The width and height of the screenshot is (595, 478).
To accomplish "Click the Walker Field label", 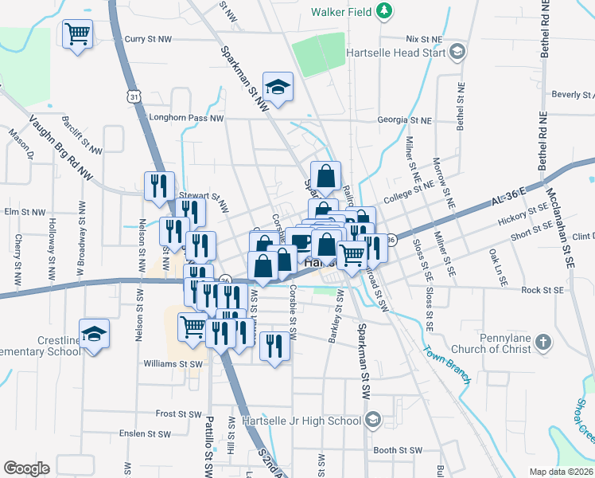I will (342, 12).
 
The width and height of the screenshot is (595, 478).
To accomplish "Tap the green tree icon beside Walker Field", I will (384, 11).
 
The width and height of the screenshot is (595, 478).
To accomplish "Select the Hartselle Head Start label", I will (395, 53).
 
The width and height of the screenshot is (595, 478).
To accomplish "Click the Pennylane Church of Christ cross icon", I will (542, 343).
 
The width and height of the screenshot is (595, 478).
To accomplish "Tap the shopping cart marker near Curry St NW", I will (79, 34).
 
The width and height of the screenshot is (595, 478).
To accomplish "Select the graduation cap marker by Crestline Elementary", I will (94, 333).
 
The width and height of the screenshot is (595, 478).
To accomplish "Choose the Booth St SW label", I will (397, 450).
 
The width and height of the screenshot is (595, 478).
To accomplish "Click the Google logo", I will (26, 468).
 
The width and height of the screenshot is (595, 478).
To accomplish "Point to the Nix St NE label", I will (423, 38).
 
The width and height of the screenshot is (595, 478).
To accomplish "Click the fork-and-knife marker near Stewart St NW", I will (158, 186).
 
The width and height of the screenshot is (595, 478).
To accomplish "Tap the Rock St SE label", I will (542, 290).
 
